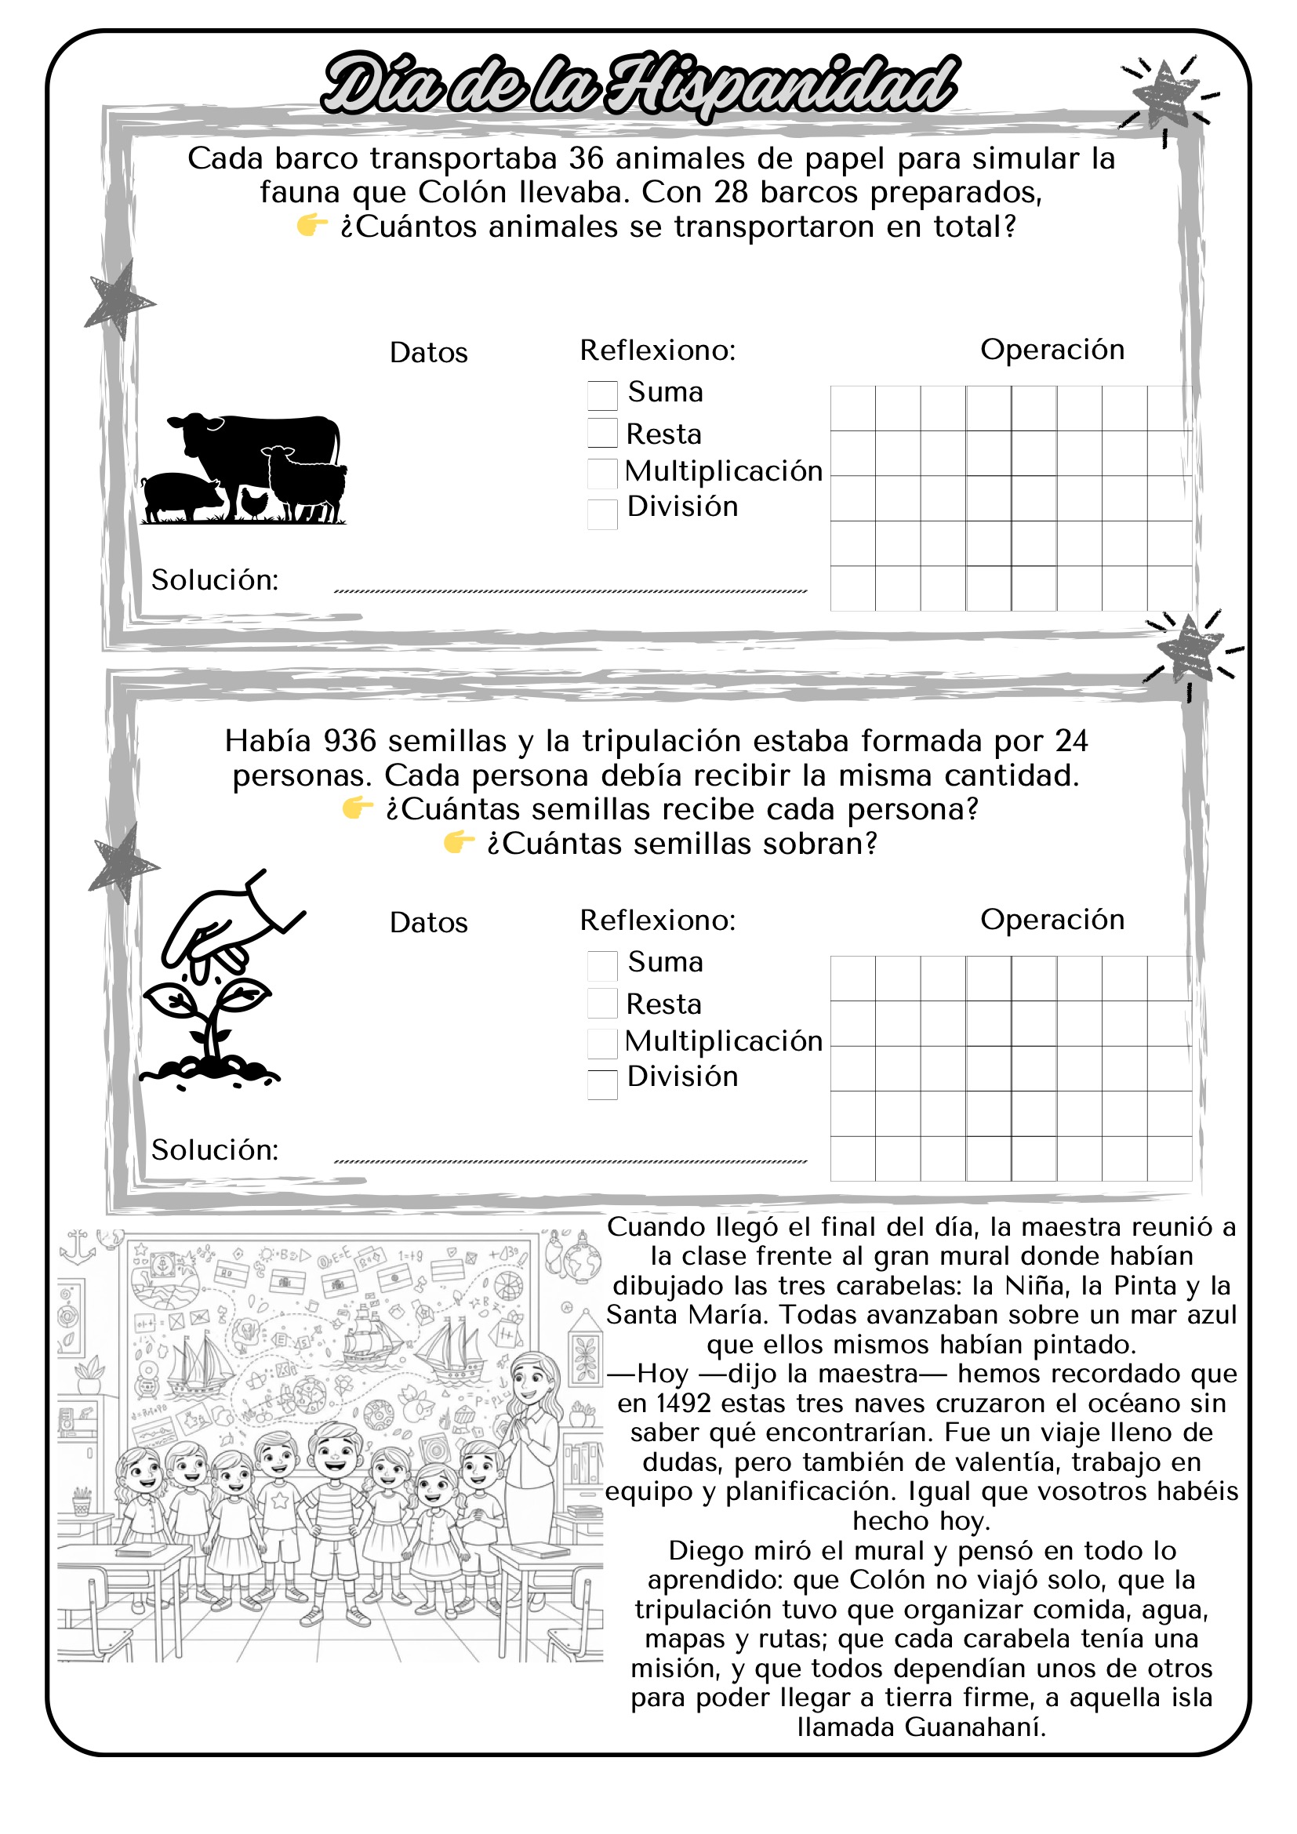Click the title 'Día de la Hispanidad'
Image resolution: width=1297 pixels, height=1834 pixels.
[x=639, y=84]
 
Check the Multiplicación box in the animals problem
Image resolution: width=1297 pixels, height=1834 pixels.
[x=602, y=473]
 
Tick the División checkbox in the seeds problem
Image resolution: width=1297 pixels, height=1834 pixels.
[x=602, y=1084]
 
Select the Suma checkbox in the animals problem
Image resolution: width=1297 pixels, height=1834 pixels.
[x=602, y=394]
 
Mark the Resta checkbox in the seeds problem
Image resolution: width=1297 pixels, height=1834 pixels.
[x=602, y=1004]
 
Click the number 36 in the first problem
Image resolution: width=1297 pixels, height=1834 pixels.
[x=587, y=158]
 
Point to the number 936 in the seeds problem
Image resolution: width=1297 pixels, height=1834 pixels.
[x=349, y=741]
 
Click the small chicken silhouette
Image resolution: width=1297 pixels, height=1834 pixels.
[x=254, y=503]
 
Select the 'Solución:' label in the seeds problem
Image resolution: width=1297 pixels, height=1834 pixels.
[x=215, y=1150]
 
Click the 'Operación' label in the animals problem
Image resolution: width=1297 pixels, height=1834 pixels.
[x=1052, y=350]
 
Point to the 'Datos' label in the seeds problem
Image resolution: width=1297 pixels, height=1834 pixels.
[x=428, y=923]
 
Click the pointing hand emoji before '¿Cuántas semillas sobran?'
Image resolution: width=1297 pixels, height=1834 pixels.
[x=460, y=842]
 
